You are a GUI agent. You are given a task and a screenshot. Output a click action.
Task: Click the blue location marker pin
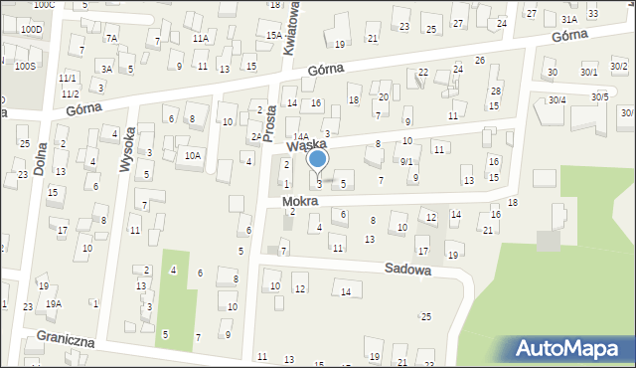(x=317, y=160)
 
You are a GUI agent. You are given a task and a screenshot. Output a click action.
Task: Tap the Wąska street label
(x=308, y=145)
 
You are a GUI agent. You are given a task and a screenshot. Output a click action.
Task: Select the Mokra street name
(x=300, y=201)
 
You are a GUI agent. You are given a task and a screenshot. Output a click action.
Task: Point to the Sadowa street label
(x=407, y=269)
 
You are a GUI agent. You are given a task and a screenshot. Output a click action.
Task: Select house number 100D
(x=31, y=30)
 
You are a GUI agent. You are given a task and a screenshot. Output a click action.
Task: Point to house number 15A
(x=273, y=36)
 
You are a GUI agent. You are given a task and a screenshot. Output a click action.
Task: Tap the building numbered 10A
(x=193, y=155)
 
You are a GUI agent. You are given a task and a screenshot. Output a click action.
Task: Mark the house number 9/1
(x=406, y=161)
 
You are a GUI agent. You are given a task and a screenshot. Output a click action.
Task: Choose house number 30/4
(x=556, y=99)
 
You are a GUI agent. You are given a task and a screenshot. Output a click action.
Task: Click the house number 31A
(x=569, y=19)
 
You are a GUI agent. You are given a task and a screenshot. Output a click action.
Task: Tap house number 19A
(x=53, y=303)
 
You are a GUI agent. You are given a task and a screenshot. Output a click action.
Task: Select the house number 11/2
(x=69, y=92)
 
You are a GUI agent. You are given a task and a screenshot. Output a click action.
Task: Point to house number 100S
(x=25, y=66)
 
